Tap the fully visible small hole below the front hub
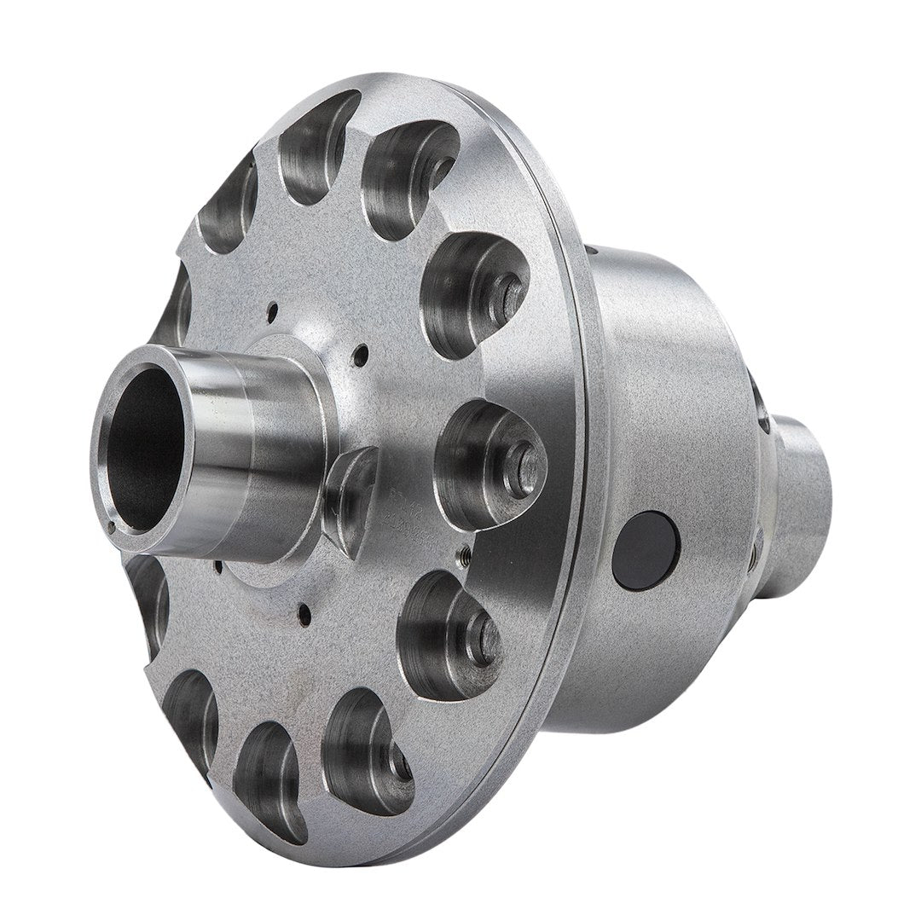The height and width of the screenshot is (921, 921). (x=300, y=609)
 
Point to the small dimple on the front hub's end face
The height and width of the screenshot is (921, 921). (x=110, y=529)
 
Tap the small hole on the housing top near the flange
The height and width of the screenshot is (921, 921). (x=588, y=252)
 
